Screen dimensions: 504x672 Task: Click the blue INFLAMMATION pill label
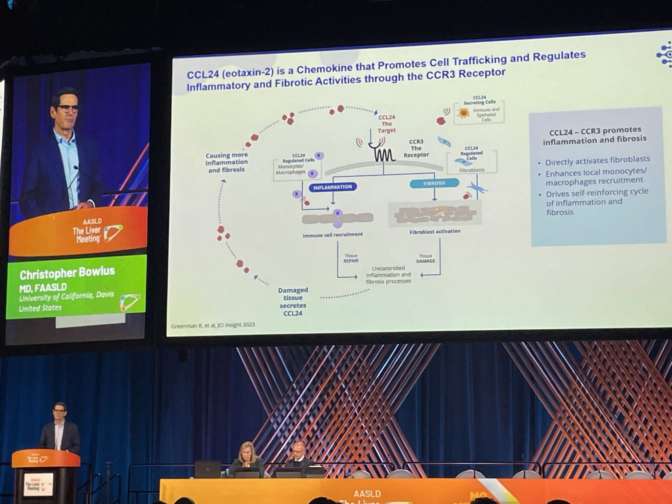tap(332, 187)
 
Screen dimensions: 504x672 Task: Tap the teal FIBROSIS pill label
tap(434, 183)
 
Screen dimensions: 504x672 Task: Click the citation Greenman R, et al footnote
tap(213, 325)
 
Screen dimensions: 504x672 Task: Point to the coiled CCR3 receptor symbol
tap(384, 154)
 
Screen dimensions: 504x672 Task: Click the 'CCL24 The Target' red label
tap(387, 124)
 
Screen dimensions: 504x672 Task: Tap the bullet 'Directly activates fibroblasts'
tap(597, 161)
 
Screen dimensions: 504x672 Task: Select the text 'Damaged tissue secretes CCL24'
tap(293, 301)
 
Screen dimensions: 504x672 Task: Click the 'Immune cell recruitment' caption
tap(332, 234)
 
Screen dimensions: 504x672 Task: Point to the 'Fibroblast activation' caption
tap(435, 231)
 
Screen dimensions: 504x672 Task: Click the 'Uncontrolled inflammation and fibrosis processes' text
tap(388, 275)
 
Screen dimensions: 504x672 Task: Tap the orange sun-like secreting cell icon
tap(463, 113)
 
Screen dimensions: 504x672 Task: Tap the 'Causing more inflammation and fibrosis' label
tap(226, 162)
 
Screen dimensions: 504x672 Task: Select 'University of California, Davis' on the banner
tap(66, 296)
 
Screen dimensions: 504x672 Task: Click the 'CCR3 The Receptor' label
tap(416, 148)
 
